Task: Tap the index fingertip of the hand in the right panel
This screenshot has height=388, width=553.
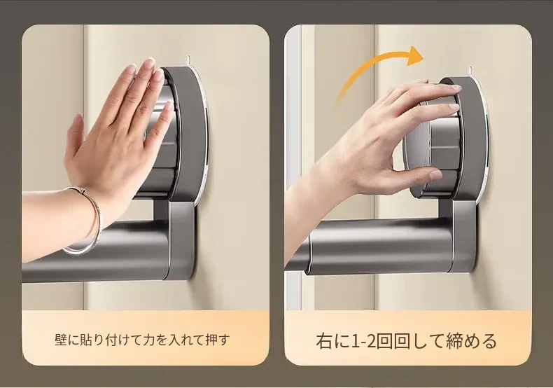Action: (x=454, y=88)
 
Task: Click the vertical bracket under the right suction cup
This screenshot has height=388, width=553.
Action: (x=463, y=237)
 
